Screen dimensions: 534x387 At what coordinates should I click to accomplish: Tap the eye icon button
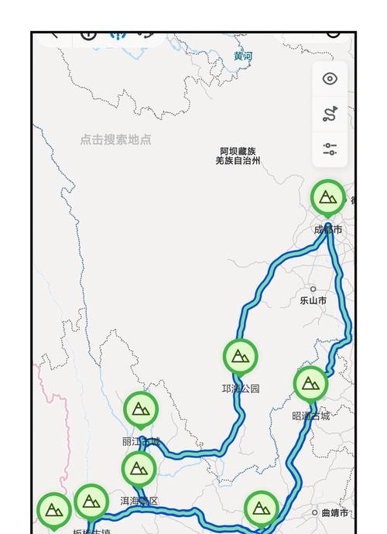(x=330, y=78)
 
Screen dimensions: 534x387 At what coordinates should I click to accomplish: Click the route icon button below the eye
(x=330, y=115)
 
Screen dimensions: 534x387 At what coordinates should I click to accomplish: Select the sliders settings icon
(x=330, y=149)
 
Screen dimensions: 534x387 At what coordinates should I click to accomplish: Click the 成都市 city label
(x=327, y=230)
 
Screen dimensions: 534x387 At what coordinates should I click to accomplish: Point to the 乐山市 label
(x=313, y=300)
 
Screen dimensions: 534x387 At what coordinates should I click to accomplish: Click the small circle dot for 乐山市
(x=313, y=289)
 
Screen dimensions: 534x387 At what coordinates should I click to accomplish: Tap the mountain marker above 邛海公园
(x=240, y=357)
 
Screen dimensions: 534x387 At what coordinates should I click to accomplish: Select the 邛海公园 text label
(x=240, y=389)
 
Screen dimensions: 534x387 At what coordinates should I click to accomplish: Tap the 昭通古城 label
(x=310, y=416)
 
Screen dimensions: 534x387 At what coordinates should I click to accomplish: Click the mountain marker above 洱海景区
(x=139, y=468)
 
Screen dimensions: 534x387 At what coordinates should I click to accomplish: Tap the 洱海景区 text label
(x=139, y=501)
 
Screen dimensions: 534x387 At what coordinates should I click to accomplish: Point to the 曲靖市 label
(x=334, y=513)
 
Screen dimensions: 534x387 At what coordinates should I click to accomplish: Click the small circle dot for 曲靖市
(x=315, y=512)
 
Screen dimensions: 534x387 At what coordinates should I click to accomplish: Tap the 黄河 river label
(x=243, y=56)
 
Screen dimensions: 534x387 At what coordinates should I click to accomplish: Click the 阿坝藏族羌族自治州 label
(x=238, y=156)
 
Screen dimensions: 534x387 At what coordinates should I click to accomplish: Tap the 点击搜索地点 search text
(x=115, y=140)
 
